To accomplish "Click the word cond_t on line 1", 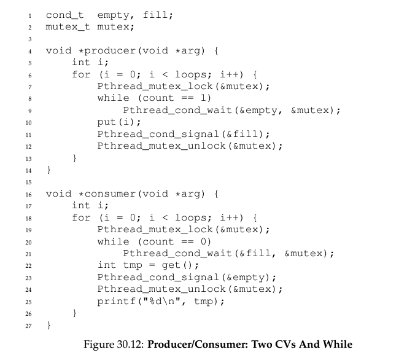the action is (64, 15).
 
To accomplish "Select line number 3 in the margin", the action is (30, 39).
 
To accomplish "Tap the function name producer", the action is (111, 51).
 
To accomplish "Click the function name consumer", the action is (111, 194).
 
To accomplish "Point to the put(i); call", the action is (119, 122).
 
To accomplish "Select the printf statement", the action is (161, 301).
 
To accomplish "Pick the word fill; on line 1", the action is (158, 15).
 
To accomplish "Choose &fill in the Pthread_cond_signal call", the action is (242, 134).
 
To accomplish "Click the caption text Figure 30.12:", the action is (114, 345).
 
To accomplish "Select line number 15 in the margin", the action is (29, 182).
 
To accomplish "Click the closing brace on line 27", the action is (48, 325).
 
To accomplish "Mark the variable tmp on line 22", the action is (133, 265).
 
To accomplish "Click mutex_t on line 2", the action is (68, 27).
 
